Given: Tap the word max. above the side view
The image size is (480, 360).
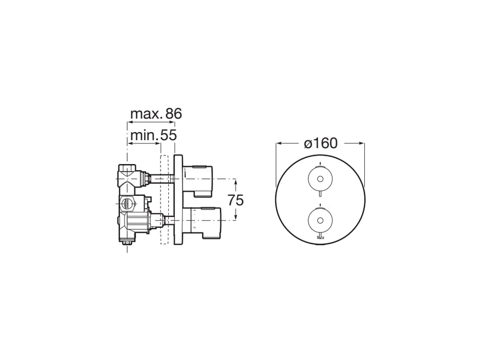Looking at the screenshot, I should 146,114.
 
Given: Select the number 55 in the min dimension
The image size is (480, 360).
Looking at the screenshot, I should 167,135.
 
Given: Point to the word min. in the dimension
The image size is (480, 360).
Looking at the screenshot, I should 144,135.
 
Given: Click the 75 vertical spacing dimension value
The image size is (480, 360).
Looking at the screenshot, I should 235,200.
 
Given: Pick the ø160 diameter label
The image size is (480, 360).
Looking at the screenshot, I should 321,143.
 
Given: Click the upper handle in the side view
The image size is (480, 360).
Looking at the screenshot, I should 199,178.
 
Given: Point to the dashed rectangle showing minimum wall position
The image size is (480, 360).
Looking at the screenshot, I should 165,201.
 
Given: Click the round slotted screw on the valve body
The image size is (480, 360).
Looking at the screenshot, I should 126,203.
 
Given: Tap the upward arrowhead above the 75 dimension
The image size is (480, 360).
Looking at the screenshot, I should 235,181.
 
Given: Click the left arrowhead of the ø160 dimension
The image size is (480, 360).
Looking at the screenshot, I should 278,143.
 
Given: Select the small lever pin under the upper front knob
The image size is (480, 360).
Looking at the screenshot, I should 320,194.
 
